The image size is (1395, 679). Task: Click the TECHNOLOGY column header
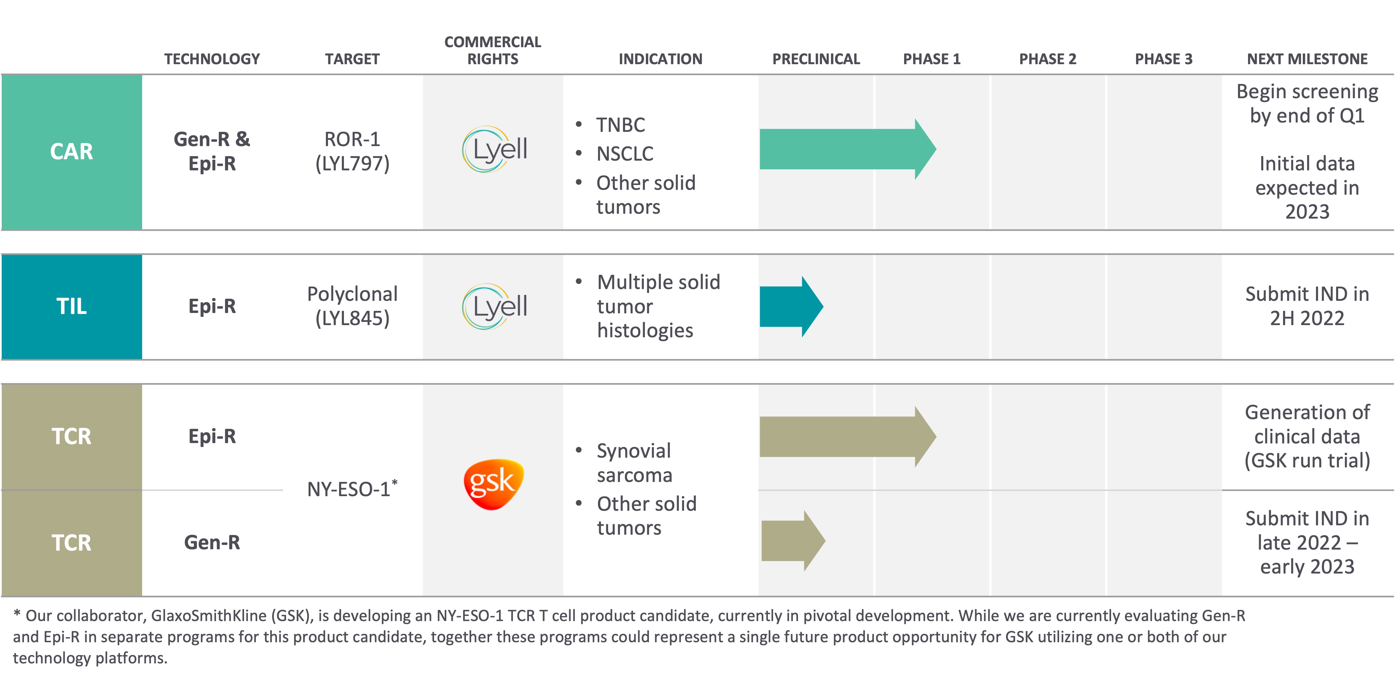click(212, 59)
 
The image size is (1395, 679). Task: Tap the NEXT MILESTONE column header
click(1307, 59)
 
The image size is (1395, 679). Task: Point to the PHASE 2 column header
click(1047, 59)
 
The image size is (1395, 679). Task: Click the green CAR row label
click(71, 152)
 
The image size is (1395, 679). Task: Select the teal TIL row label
click(71, 306)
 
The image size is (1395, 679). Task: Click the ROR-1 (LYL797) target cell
click(352, 151)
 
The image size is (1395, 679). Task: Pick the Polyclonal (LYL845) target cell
click(352, 306)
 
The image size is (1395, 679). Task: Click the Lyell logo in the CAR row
click(494, 150)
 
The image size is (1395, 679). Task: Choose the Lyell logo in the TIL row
click(494, 307)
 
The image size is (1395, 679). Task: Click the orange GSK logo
click(493, 483)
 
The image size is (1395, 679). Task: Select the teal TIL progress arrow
click(791, 307)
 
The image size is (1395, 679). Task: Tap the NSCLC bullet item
click(624, 154)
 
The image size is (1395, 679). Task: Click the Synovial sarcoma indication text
click(634, 462)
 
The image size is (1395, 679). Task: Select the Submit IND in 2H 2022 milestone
click(1307, 306)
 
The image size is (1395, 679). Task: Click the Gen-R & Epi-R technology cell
click(212, 151)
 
